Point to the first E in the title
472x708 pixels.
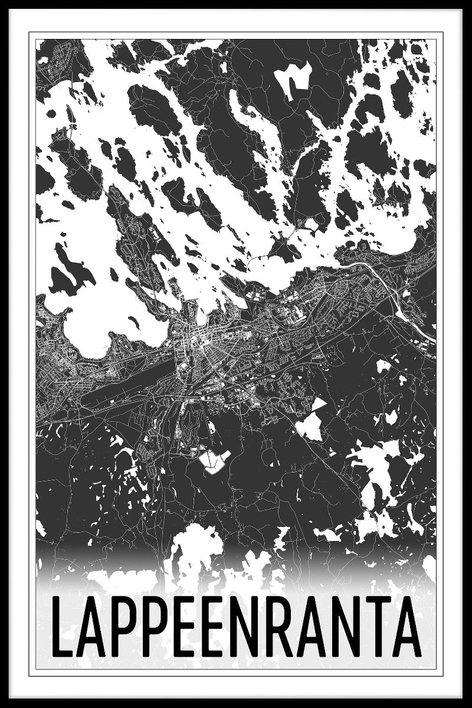click(180, 627)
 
